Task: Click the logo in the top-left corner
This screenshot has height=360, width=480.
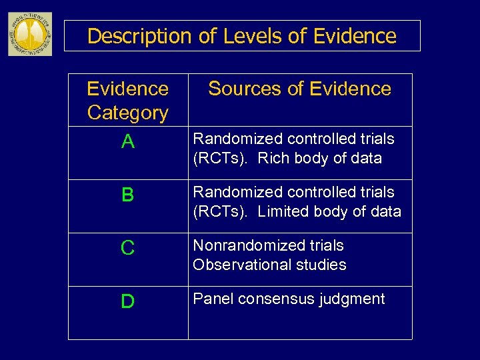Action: (x=29, y=34)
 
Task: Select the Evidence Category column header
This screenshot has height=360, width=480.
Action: (x=128, y=101)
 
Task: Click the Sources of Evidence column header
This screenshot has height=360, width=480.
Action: (x=299, y=89)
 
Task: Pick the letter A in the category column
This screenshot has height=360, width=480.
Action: (x=128, y=142)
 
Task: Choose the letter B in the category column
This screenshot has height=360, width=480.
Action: (x=128, y=195)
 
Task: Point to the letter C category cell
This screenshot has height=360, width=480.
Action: (x=128, y=248)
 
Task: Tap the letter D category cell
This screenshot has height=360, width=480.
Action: (x=128, y=301)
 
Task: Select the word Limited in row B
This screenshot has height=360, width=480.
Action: (x=282, y=212)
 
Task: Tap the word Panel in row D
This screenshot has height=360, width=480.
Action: (x=211, y=299)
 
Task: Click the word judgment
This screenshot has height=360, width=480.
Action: (x=353, y=299)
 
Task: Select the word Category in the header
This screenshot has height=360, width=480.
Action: (x=128, y=113)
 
